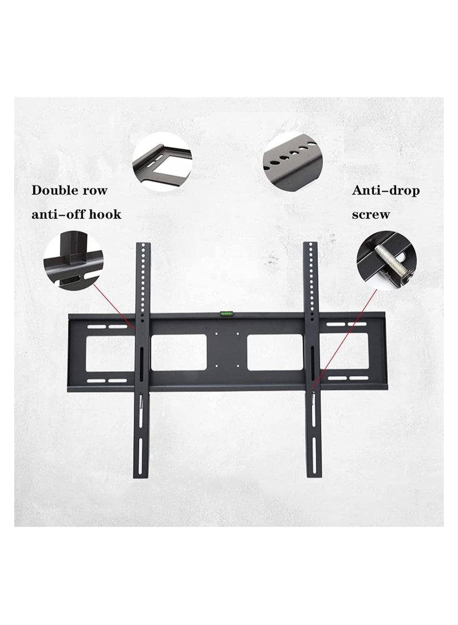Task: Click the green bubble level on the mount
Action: pos(223,313)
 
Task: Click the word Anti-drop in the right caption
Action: pos(386,190)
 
